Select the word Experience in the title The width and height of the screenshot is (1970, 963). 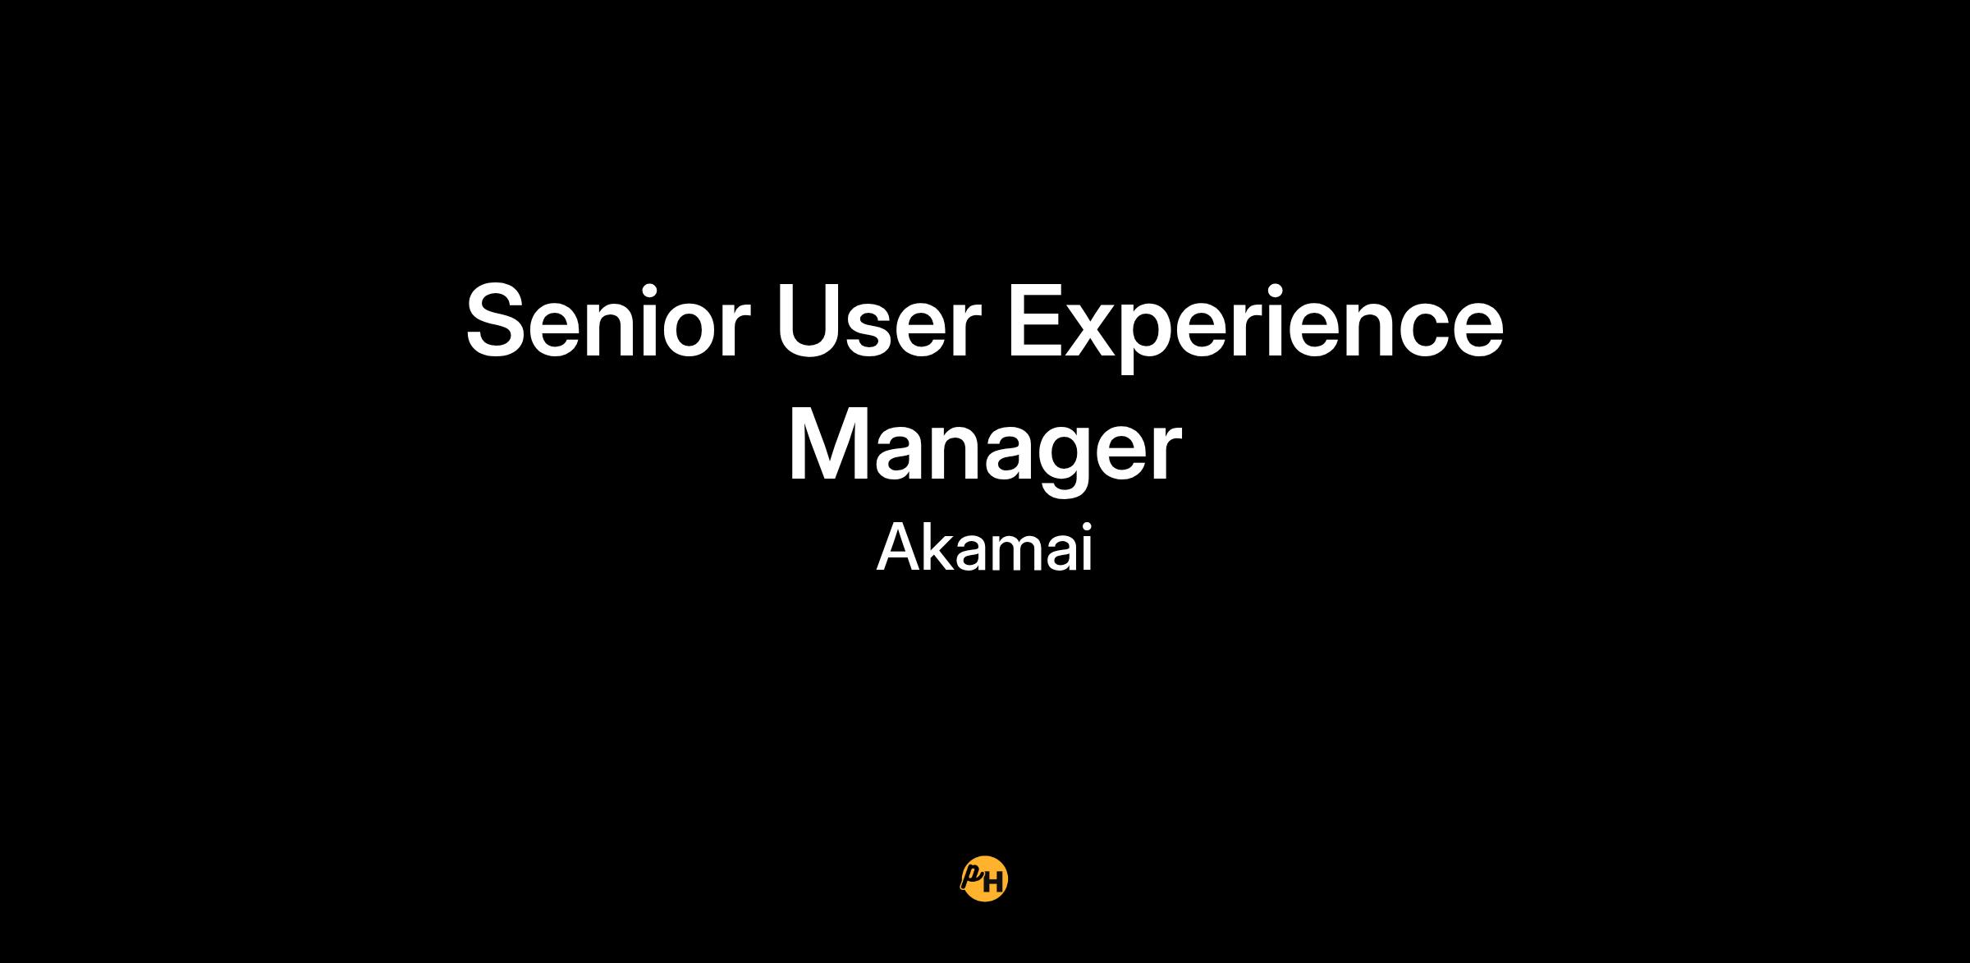pyautogui.click(x=1255, y=328)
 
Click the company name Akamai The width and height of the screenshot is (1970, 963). pyautogui.click(x=984, y=548)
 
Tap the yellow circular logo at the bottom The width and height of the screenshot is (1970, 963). pyautogui.click(x=984, y=879)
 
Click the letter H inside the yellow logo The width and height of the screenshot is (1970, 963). pyautogui.click(x=993, y=883)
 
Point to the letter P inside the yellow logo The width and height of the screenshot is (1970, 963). pyautogui.click(x=973, y=875)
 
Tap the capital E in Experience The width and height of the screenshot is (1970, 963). pyautogui.click(x=1036, y=321)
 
